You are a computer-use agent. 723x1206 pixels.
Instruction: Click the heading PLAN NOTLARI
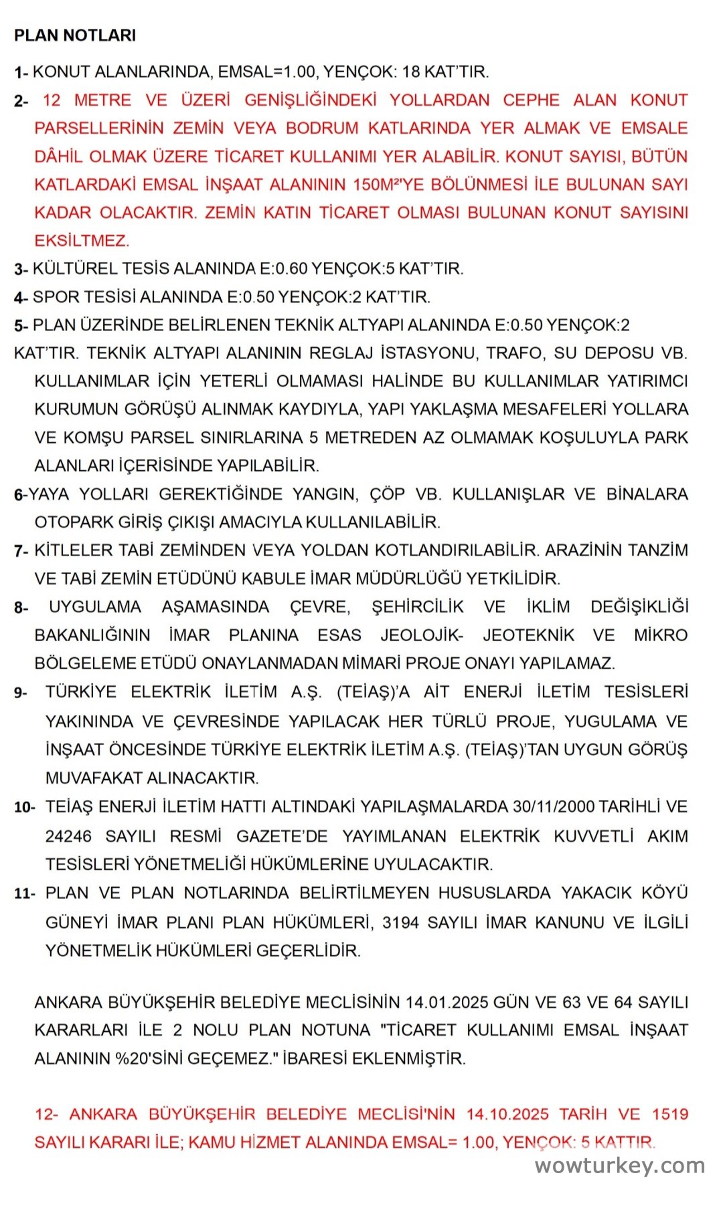75,36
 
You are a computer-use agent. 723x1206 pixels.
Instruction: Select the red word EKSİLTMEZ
82,241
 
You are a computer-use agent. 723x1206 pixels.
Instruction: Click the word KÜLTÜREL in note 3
75,269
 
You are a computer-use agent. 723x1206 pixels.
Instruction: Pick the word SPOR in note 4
52,297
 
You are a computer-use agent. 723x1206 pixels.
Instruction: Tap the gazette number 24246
68,836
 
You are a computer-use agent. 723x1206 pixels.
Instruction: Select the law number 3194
400,923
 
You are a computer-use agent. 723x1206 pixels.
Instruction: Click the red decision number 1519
670,1114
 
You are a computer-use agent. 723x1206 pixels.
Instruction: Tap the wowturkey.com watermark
619,1166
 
